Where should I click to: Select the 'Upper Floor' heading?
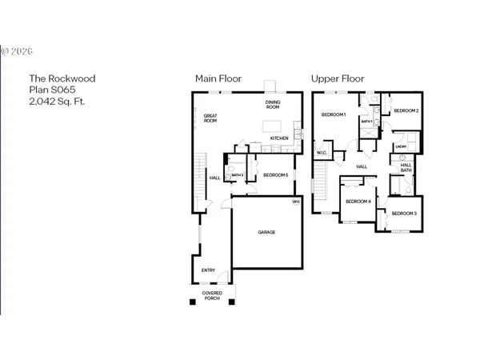338,78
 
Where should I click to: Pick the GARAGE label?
266,232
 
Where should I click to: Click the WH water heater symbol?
295,202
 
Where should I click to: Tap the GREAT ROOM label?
210,118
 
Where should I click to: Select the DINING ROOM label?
273,105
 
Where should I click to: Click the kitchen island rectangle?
274,126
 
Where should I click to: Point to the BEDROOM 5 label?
275,174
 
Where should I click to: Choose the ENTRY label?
208,270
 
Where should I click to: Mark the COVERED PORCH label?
212,295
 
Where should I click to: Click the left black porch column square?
192,302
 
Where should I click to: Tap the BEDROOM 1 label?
333,114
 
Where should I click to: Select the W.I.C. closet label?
322,152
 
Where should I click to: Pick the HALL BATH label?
406,167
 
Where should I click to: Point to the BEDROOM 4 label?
358,201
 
